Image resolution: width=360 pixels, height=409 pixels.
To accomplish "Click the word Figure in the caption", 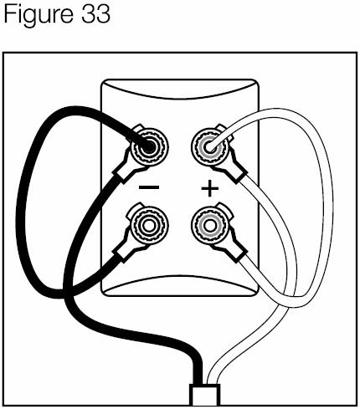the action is (39, 15).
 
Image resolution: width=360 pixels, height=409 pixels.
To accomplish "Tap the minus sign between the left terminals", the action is (149, 187).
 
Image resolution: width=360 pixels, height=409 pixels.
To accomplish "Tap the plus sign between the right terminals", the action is (210, 188).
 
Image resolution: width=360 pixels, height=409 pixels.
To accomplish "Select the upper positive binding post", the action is (210, 146).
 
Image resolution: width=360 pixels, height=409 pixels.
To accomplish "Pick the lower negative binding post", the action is (149, 225).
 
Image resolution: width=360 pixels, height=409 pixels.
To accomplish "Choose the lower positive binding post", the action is (210, 225).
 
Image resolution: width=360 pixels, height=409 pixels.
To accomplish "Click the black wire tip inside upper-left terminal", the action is (148, 146).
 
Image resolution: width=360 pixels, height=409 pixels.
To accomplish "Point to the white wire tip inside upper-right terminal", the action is (209, 146).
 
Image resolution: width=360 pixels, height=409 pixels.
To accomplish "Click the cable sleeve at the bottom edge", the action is (204, 395).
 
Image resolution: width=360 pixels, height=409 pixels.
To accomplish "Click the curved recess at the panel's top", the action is (179, 89).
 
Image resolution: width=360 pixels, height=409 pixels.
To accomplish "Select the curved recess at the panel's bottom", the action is (179, 285).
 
